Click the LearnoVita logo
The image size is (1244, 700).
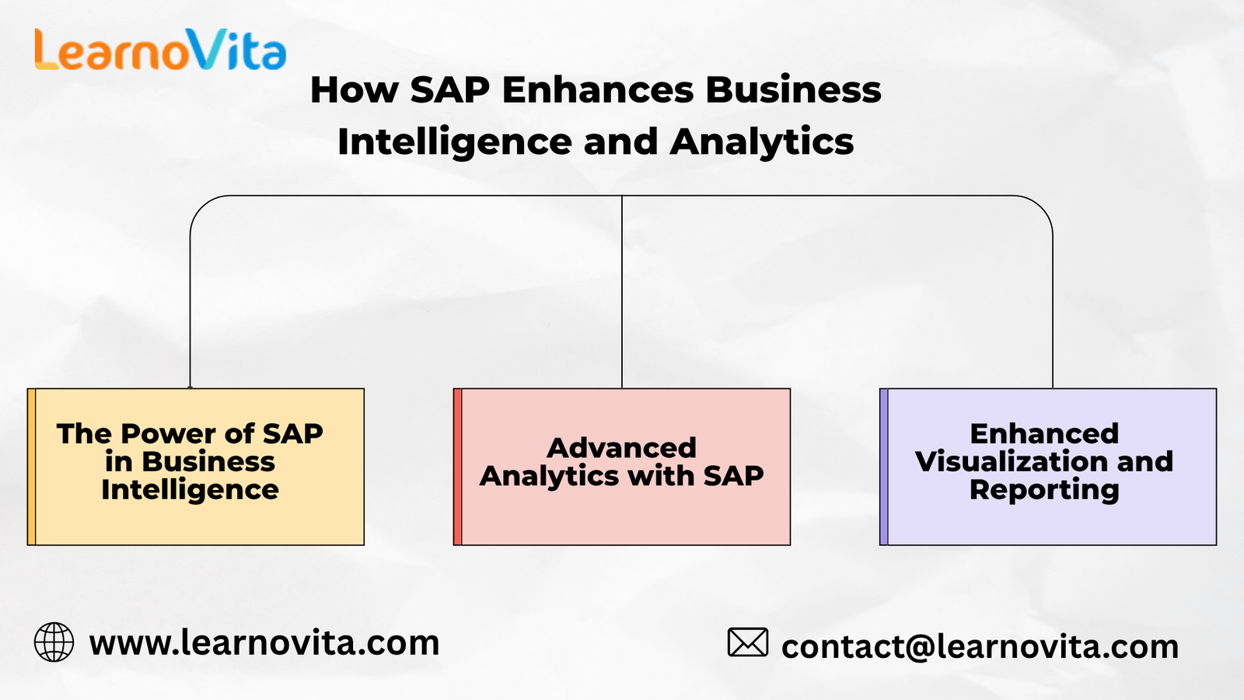(160, 50)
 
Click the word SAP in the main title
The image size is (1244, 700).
(450, 89)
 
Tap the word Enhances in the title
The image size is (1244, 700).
(598, 89)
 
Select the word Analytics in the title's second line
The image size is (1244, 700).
(761, 142)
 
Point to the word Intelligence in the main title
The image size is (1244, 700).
(455, 142)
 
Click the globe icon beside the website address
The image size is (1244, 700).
(54, 642)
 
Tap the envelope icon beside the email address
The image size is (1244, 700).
(748, 642)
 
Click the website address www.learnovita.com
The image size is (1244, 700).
(264, 642)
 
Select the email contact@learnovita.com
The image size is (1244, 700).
(980, 646)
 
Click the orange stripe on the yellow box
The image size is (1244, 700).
(32, 467)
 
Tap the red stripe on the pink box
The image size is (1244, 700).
(458, 467)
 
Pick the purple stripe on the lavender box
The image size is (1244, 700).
(883, 467)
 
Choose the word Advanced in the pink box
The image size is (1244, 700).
(621, 448)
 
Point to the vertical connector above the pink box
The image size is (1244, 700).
(622, 292)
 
